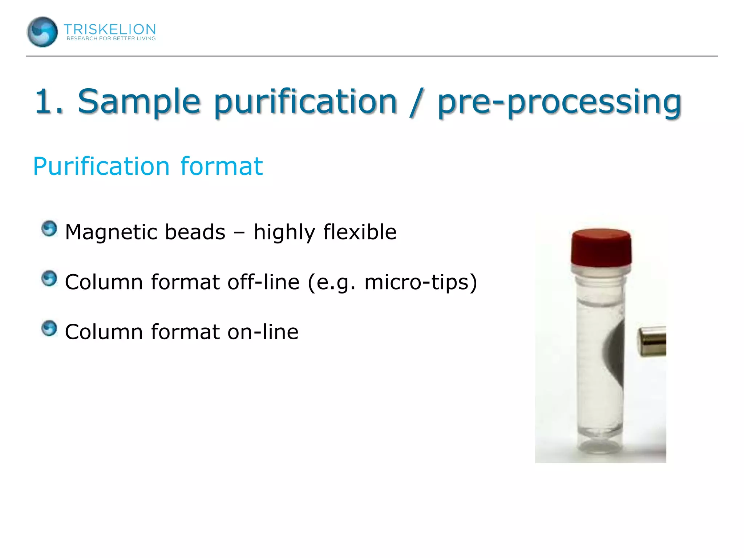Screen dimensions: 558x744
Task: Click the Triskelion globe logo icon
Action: [x=42, y=32]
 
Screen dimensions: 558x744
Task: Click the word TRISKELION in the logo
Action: [x=110, y=29]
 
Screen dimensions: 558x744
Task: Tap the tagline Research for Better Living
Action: [x=111, y=39]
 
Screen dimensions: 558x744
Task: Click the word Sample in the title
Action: [x=139, y=102]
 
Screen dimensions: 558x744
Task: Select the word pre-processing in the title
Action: [x=559, y=102]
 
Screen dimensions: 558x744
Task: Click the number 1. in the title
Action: [x=49, y=102]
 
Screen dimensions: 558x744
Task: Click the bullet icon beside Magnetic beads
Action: [x=49, y=229]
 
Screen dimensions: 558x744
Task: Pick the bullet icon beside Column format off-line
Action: [x=49, y=279]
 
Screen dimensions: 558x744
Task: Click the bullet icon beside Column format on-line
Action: [x=49, y=328]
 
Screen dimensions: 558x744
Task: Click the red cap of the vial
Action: [x=601, y=247]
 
